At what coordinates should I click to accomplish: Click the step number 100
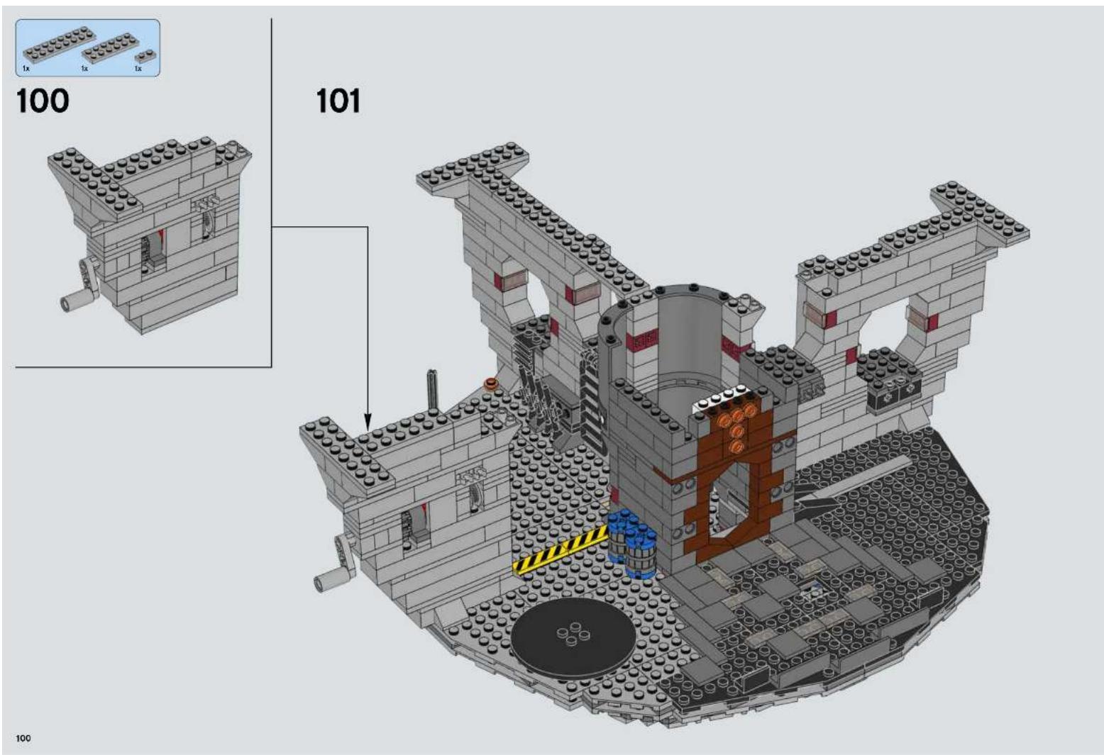tap(43, 101)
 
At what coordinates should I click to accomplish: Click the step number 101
tap(338, 101)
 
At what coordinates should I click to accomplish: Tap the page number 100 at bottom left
tap(23, 738)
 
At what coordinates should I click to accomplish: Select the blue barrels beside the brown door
tap(631, 543)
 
